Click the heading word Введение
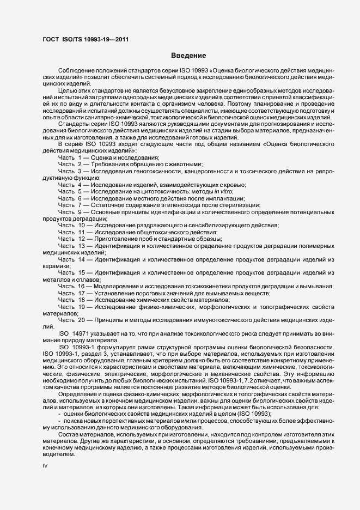188,56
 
